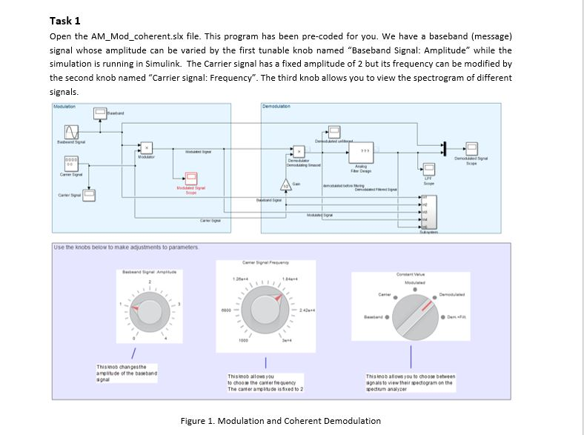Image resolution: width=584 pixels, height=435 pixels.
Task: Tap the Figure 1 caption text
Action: tap(280, 421)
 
